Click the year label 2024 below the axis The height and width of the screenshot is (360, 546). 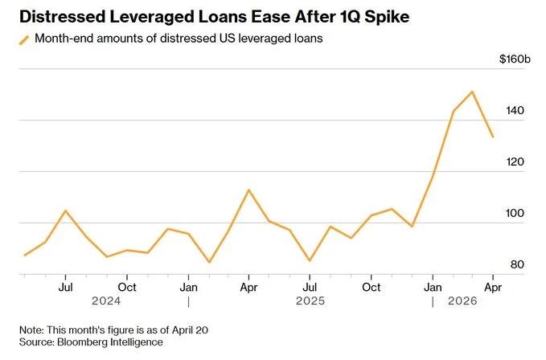point(106,301)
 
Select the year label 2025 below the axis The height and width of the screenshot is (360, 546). point(310,301)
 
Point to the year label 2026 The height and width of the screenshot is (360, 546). point(462,301)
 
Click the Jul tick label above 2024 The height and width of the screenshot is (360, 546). point(66,286)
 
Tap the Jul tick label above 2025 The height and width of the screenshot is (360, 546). point(310,286)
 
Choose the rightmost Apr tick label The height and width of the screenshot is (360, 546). point(492,286)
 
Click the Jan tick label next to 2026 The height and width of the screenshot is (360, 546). point(432,286)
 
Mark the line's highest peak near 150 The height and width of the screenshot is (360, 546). point(472,92)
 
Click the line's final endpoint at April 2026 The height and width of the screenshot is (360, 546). point(493,137)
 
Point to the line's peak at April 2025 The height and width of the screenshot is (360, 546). point(248,190)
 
